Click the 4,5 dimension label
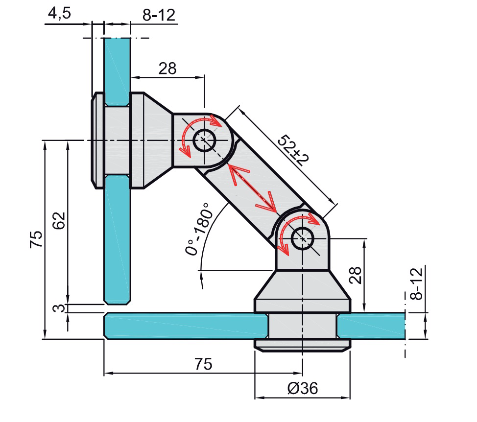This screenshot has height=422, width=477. pos(59,13)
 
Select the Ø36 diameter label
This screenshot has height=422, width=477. pos(302,388)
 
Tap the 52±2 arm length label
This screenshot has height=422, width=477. pos(293,150)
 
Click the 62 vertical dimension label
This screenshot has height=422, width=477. pos(59,220)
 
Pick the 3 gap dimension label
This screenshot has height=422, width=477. pos(59,308)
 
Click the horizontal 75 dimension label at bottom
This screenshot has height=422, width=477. pos(203,364)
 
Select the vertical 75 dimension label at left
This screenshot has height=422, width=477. pos(36,239)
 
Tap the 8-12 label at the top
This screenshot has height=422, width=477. pos(159,15)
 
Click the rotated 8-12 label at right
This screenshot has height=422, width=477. pos(416,283)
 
